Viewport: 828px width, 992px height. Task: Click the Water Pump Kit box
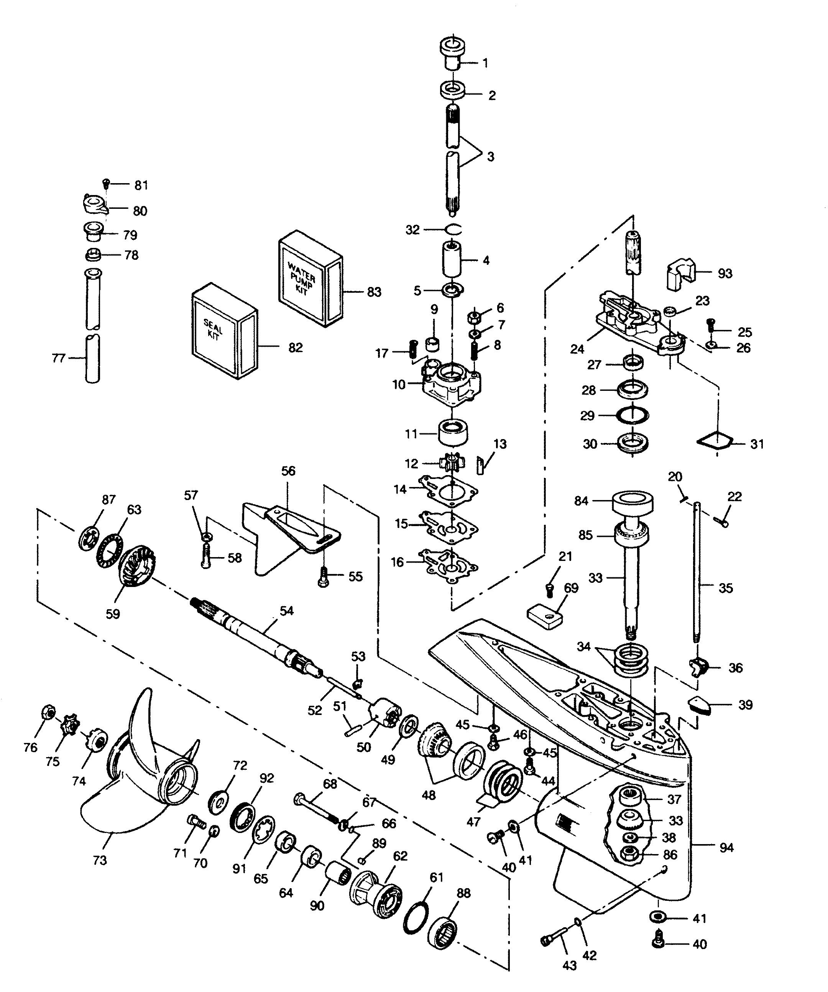point(310,279)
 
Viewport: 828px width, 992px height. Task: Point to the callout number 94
point(726,848)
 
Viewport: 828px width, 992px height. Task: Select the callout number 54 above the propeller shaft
point(286,611)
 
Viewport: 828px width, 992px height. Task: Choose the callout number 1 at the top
point(485,63)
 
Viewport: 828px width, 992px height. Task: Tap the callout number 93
point(725,273)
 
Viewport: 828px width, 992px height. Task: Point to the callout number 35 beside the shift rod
point(725,588)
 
